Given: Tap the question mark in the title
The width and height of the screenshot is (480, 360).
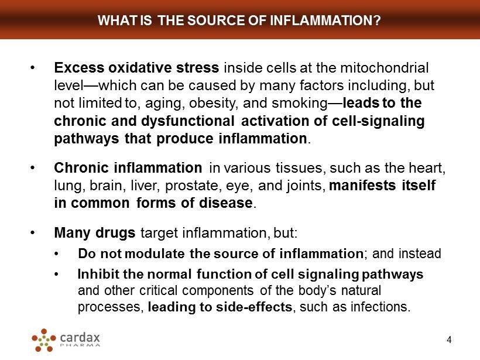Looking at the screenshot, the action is [x=376, y=20].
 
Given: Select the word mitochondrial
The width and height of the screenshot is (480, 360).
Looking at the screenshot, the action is [x=384, y=68].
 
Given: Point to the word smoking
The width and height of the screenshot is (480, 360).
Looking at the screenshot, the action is [x=300, y=104].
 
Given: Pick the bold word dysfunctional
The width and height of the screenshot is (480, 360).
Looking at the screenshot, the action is [x=188, y=121].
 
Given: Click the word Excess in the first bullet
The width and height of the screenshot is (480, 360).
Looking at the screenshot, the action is [x=79, y=68].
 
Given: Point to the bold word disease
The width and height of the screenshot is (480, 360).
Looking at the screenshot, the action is [x=226, y=203].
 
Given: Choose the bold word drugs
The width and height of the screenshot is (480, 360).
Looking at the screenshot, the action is [x=115, y=233].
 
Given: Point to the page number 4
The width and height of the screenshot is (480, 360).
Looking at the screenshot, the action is [x=449, y=340].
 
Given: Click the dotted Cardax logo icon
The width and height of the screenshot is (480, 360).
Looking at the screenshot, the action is [x=44, y=340].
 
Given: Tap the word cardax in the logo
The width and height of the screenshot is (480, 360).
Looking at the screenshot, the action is [x=80, y=337].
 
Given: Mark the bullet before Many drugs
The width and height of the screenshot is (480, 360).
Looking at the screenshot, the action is [x=33, y=232].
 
